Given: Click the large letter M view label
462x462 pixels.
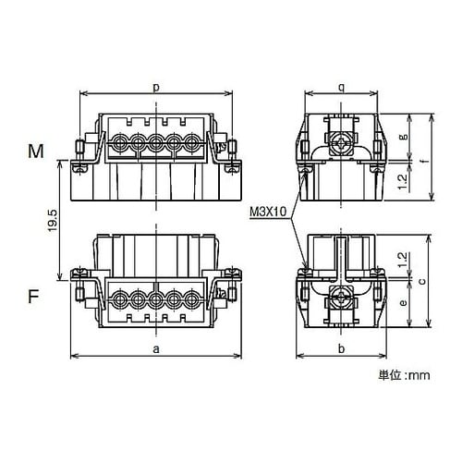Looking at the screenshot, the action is (36, 152).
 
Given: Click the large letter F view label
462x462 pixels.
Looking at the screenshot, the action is (33, 297).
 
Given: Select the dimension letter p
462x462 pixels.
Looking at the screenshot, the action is (156, 88).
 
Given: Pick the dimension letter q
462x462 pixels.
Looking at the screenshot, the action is (341, 88).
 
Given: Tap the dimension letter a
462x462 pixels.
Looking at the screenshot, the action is (156, 349).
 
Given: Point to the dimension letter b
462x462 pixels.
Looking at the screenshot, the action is (341, 348).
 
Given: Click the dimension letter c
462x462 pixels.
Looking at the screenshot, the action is (423, 281).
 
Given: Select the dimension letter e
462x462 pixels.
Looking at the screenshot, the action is (403, 303).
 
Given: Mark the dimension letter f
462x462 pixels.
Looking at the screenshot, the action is (425, 161).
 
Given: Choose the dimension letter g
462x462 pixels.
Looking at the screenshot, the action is (405, 137).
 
